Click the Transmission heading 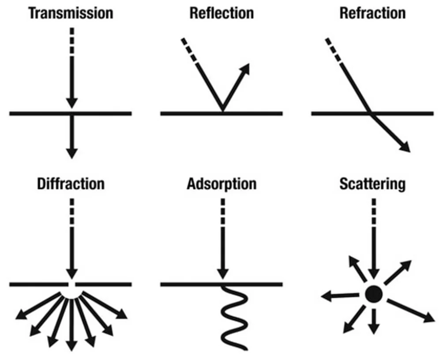tap(71, 13)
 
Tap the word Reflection tap(221, 13)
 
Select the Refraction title tap(372, 13)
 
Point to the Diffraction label tap(71, 183)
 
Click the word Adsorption tap(221, 183)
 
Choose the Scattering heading tap(372, 183)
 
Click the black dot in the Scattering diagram tap(374, 293)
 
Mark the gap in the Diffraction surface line tap(71, 284)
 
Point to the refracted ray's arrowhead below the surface tap(404, 147)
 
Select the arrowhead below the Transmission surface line tap(72, 152)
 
